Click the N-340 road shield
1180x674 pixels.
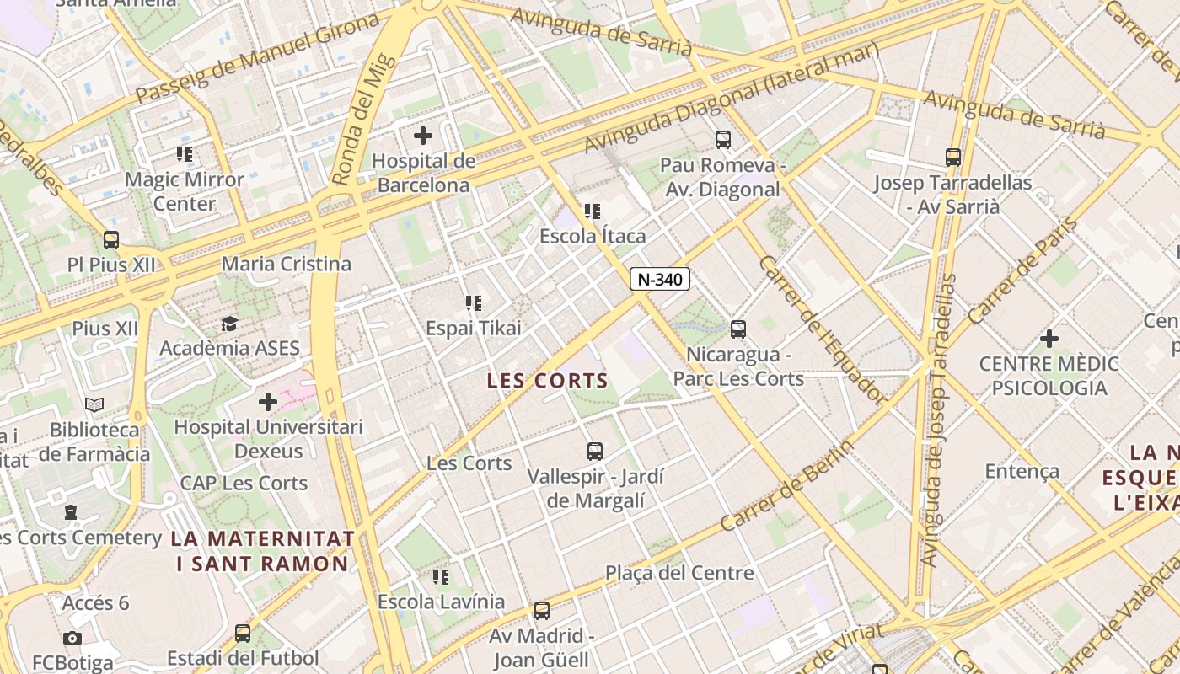click(660, 279)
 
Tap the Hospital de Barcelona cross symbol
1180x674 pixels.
click(423, 135)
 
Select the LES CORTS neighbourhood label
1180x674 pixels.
click(548, 381)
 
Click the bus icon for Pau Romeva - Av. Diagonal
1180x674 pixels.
click(722, 140)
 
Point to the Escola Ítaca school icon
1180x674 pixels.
click(593, 211)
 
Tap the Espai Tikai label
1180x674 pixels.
click(474, 328)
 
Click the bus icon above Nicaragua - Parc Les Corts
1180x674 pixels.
click(738, 329)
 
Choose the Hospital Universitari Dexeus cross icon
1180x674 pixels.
click(268, 402)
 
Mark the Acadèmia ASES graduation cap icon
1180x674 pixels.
click(229, 324)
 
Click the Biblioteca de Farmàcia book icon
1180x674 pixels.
click(94, 405)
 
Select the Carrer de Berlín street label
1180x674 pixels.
click(787, 486)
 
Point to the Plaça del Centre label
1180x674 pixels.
click(679, 573)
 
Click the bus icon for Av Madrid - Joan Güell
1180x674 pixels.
click(542, 611)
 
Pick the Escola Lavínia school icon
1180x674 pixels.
click(441, 577)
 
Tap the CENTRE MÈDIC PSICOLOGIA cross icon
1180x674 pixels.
click(1049, 339)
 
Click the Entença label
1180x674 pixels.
click(1022, 471)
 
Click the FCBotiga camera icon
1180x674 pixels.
click(72, 638)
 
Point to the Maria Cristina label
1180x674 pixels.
click(287, 264)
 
